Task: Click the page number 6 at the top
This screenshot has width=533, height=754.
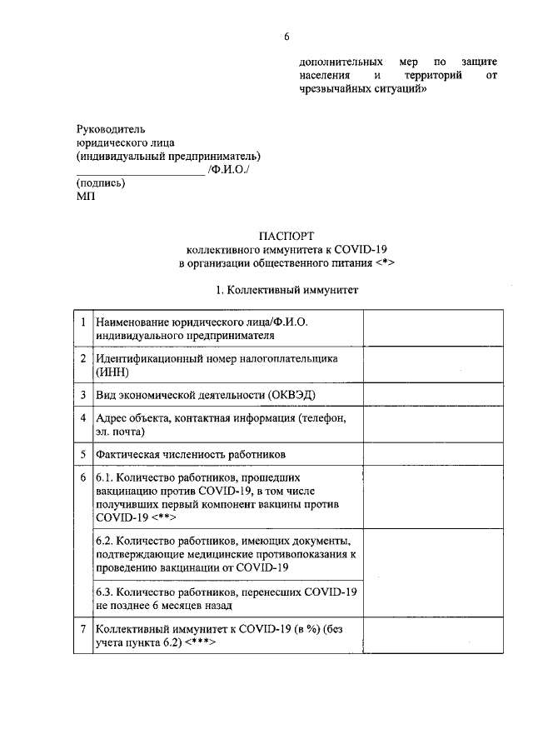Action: click(286, 37)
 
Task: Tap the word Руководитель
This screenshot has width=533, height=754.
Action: click(110, 129)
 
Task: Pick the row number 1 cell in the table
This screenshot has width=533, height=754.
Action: click(82, 322)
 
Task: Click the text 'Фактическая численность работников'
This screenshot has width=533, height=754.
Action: click(191, 454)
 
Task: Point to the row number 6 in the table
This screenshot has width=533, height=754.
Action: click(82, 478)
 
